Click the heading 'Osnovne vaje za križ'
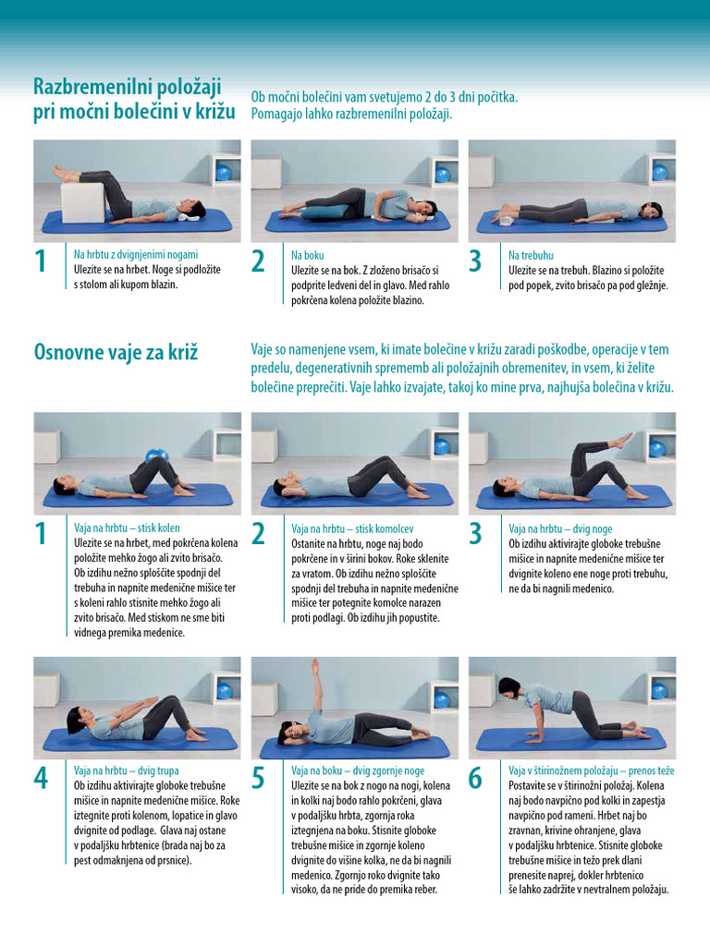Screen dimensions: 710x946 point(116,352)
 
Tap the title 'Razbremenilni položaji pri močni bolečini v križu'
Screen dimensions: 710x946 point(134,99)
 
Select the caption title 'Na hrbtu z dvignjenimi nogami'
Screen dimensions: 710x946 point(136,255)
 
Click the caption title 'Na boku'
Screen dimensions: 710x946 point(307,255)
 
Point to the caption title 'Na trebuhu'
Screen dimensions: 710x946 point(531,255)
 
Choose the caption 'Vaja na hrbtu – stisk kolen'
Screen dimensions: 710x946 point(127,528)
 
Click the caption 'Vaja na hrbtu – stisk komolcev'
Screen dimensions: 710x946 point(352,529)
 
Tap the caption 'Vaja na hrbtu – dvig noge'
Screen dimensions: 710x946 point(560,529)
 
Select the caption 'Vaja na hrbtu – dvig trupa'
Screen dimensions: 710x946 point(126,770)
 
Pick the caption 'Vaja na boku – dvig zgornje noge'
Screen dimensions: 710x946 point(358,770)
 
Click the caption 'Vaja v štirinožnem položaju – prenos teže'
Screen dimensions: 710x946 point(591,770)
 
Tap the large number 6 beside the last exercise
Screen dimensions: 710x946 point(476,778)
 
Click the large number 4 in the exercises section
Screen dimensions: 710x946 point(41,778)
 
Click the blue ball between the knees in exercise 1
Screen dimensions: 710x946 point(156,455)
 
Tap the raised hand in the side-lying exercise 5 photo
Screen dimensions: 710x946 point(314,666)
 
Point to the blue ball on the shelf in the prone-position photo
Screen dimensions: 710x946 point(660,173)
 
